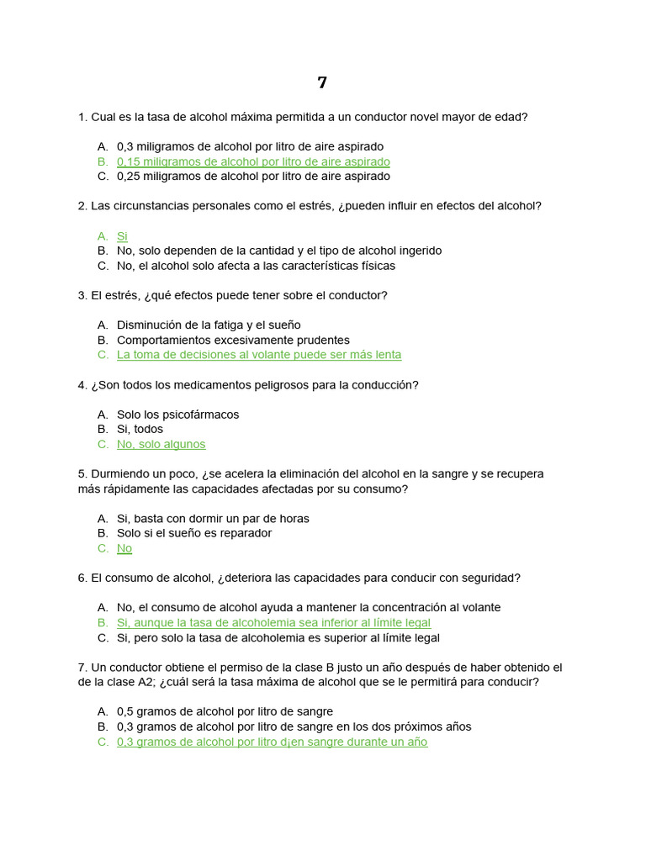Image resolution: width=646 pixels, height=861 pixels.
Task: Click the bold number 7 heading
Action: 322,82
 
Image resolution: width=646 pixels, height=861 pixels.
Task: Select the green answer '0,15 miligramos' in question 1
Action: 253,161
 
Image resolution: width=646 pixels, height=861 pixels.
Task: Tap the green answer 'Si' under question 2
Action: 122,236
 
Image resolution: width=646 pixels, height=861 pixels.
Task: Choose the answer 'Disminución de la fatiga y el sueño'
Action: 209,325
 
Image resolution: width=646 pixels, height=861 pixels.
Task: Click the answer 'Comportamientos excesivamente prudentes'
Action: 233,341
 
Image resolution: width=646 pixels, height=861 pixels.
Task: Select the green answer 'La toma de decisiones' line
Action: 259,355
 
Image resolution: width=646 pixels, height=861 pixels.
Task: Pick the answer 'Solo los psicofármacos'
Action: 177,415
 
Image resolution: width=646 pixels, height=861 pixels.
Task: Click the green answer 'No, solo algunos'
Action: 161,444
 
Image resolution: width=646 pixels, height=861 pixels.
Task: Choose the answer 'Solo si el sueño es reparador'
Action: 194,533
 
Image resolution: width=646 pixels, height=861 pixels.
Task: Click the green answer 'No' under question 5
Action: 124,548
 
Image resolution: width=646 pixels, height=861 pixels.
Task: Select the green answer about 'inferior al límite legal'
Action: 273,623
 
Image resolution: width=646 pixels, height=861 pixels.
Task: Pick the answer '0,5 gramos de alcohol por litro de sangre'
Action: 225,711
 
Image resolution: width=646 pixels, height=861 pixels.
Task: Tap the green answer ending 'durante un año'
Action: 272,742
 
